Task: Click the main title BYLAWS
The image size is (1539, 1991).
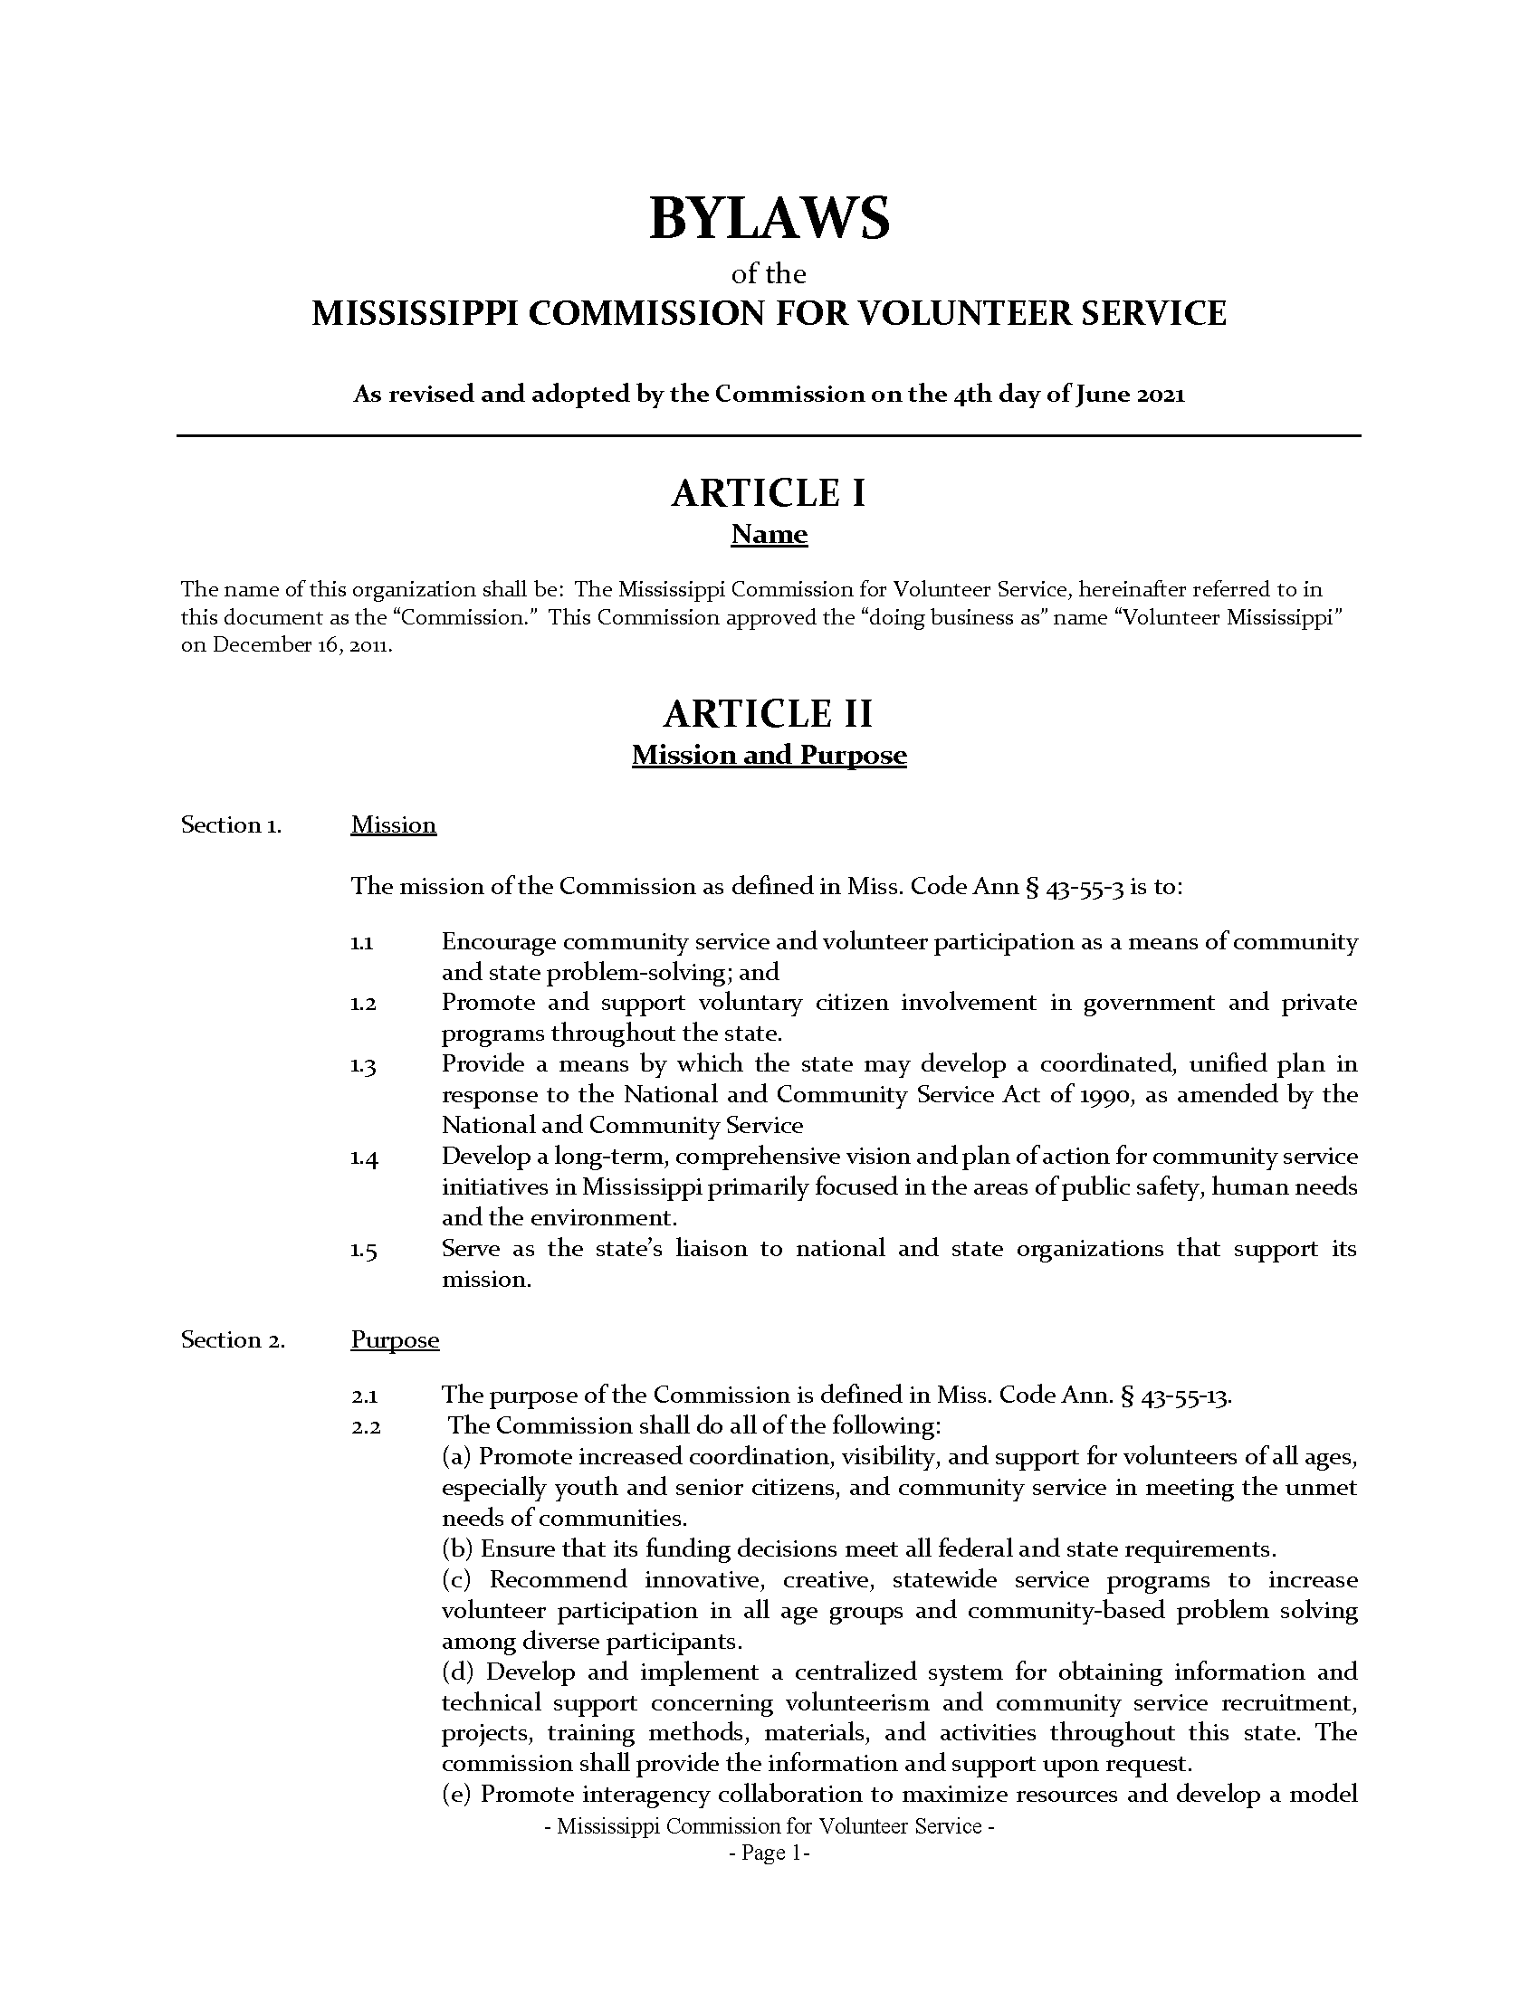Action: pyautogui.click(x=769, y=219)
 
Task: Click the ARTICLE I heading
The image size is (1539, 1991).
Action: pyautogui.click(x=769, y=493)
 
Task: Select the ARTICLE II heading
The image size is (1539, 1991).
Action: pyautogui.click(x=769, y=713)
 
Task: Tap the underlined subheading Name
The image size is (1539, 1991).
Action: pyautogui.click(x=769, y=534)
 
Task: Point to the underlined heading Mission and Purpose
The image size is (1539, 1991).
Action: pyautogui.click(x=769, y=755)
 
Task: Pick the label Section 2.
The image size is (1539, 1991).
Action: pyautogui.click(x=233, y=1339)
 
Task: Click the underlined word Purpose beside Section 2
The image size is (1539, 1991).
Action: pyautogui.click(x=395, y=1339)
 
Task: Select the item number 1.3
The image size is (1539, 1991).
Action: pyautogui.click(x=363, y=1066)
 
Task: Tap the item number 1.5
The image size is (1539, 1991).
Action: pyautogui.click(x=363, y=1251)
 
